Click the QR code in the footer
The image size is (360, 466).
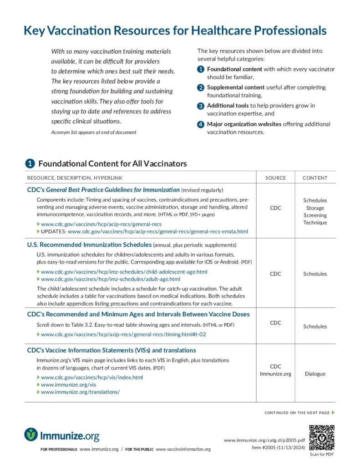click(x=322, y=437)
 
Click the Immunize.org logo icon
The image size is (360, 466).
click(x=31, y=435)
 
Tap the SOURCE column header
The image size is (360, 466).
click(x=275, y=177)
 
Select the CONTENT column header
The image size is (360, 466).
click(x=315, y=177)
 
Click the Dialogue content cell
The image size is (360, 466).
click(x=315, y=374)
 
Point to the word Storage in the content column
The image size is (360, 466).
click(x=315, y=208)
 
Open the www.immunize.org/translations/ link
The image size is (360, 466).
click(x=80, y=392)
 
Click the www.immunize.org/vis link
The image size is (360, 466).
click(x=68, y=385)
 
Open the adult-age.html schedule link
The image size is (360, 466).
click(x=111, y=279)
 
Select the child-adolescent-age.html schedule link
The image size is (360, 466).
click(x=124, y=272)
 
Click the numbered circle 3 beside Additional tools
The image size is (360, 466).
click(x=201, y=106)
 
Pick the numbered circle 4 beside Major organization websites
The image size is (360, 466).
click(x=201, y=124)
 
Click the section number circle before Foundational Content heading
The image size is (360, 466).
click(x=30, y=163)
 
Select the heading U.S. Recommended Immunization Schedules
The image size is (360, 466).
click(x=89, y=244)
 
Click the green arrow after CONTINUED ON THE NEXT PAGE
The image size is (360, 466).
click(x=333, y=413)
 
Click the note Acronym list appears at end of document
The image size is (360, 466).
click(x=93, y=132)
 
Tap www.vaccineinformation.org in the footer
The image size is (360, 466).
click(x=183, y=450)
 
